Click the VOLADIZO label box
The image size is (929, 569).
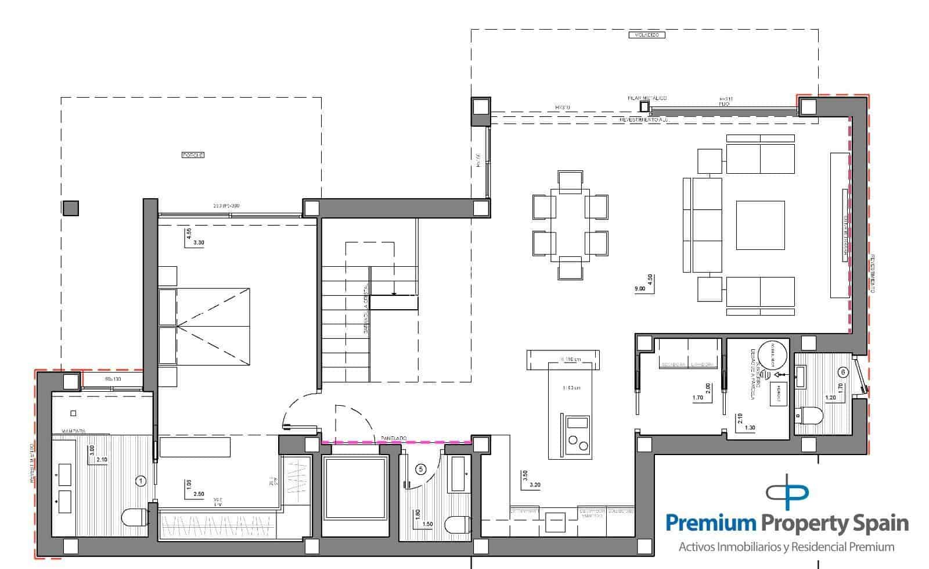(x=646, y=35)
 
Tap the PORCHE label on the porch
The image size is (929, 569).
(x=193, y=155)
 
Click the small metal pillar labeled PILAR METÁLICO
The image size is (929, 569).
(x=644, y=107)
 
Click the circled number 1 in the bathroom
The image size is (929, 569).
(x=140, y=480)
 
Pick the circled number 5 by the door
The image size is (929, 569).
(x=422, y=468)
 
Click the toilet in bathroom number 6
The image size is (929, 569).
(x=809, y=416)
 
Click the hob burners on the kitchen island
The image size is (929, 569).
(x=577, y=443)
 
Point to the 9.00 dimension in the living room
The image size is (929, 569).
(x=640, y=288)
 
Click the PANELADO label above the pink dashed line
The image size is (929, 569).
(x=394, y=438)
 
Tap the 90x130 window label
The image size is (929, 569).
(x=113, y=379)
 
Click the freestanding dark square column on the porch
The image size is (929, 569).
(x=70, y=208)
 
